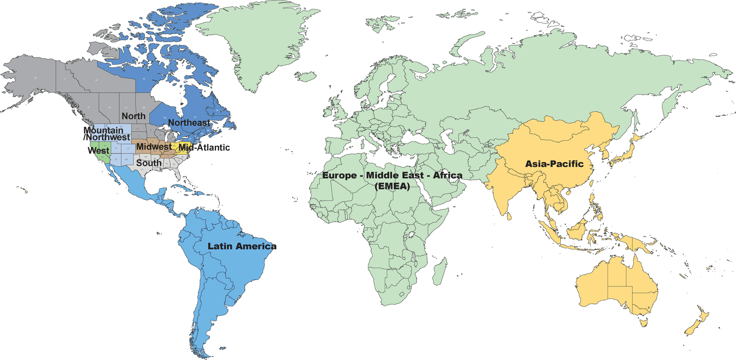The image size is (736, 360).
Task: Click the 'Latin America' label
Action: [242, 246]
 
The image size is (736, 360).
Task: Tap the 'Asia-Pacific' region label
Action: [554, 164]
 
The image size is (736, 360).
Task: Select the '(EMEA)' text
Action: [392, 186]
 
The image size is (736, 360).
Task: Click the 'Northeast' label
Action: [189, 123]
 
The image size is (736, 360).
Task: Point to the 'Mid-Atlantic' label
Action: [204, 147]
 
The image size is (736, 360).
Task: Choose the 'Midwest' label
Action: [154, 146]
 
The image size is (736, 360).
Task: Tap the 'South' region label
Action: [149, 163]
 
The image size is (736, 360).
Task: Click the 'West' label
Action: [99, 151]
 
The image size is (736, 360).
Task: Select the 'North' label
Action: [133, 116]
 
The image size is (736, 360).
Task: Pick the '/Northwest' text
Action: [107, 137]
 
